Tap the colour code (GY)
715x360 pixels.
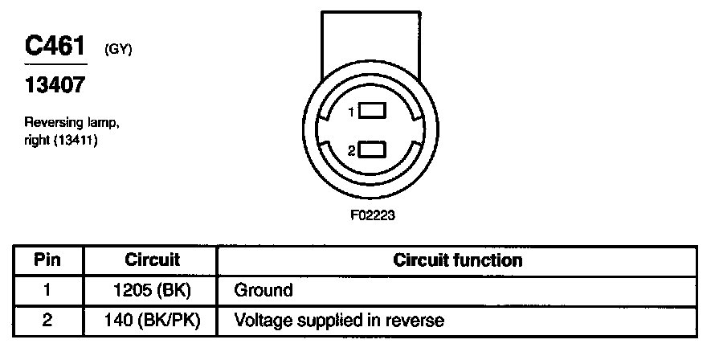118,51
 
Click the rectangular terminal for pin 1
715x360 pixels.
373,112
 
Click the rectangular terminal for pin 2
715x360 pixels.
373,150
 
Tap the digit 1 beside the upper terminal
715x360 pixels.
352,113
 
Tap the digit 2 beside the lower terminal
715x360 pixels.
352,151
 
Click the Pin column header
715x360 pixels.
47,260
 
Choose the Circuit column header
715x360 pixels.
152,260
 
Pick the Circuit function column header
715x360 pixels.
457,260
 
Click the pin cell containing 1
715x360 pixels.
47,290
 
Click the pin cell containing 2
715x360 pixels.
47,321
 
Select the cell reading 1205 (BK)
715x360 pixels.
152,290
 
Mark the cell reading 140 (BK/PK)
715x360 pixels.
152,321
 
